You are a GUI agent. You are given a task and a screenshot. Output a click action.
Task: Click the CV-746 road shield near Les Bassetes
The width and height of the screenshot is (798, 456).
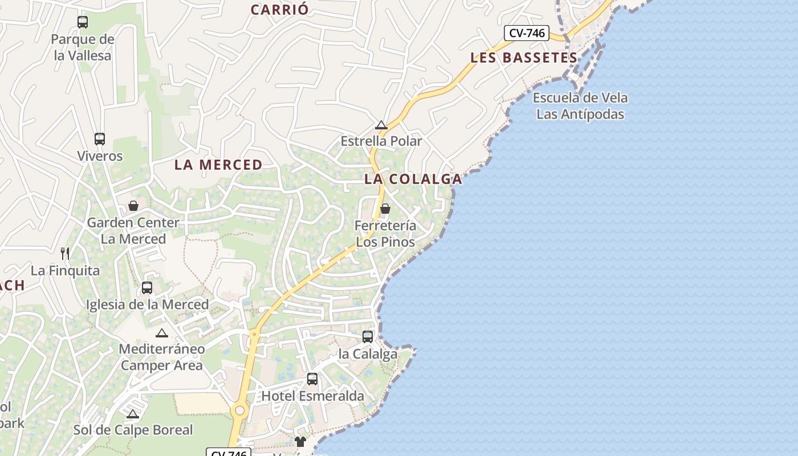[527, 33]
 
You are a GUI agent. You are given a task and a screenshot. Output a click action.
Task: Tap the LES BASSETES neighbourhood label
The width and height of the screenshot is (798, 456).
[524, 58]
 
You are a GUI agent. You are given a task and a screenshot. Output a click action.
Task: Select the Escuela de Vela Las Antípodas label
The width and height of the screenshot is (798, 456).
[580, 105]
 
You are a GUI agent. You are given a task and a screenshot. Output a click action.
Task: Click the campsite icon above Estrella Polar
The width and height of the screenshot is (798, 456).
[381, 125]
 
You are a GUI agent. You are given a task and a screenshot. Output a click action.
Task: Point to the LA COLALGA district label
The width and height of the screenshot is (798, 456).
[413, 179]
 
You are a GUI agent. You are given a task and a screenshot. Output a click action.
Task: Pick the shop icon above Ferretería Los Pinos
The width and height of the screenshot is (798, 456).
[385, 209]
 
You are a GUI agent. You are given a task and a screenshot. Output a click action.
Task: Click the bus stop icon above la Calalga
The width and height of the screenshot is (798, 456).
[368, 336]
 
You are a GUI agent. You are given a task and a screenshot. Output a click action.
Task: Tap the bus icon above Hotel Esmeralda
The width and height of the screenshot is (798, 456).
[312, 378]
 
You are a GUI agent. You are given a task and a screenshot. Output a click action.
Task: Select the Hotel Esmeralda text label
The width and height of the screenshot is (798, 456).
[312, 396]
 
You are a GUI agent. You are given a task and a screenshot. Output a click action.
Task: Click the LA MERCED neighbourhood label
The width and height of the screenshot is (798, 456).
[218, 165]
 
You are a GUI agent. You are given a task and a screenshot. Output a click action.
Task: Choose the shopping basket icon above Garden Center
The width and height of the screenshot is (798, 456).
[133, 205]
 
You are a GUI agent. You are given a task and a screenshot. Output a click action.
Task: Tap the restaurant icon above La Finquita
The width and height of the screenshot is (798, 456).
[65, 253]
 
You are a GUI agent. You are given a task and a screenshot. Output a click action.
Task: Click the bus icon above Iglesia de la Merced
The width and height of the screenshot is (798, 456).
[147, 287]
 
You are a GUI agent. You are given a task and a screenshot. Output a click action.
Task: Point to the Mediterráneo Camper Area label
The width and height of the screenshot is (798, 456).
[162, 357]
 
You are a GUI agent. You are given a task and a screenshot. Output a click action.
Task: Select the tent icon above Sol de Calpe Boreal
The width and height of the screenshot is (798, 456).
[133, 414]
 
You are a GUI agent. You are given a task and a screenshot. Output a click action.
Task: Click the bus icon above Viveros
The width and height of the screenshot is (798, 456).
[100, 139]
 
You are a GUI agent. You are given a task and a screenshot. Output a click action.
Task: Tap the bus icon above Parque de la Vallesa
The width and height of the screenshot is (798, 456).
[83, 22]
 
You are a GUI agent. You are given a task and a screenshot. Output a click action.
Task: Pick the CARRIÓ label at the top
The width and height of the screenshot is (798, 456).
[279, 10]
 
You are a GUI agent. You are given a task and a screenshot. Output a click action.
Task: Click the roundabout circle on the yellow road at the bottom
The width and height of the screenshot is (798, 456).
[240, 410]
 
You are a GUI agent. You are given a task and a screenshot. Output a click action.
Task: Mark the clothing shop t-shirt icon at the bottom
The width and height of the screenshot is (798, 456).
[300, 441]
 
